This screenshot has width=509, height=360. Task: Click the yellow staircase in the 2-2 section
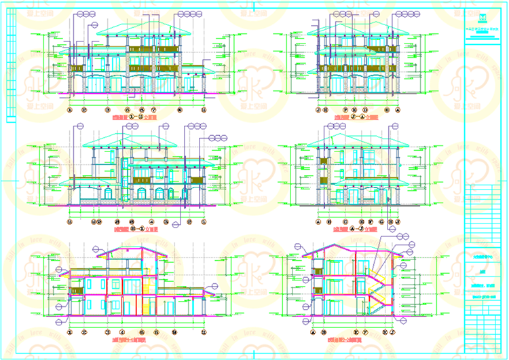pos(377,289)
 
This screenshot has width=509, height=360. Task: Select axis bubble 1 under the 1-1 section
pos(70,332)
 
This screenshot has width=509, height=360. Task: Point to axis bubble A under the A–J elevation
pos(318,221)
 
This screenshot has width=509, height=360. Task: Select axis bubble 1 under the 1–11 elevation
pos(70,109)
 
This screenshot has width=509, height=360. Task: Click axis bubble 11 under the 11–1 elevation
pos(70,221)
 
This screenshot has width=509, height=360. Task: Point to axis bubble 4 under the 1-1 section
pos(127,332)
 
